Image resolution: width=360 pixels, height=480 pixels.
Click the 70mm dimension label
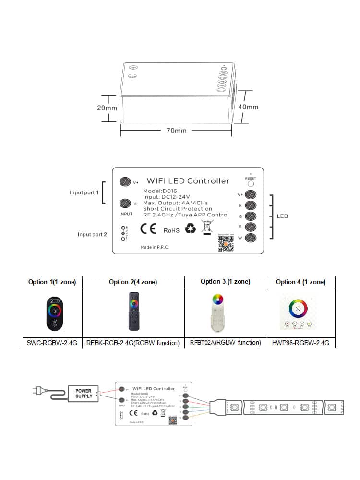coord(176,131)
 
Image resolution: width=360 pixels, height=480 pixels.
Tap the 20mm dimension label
coord(107,108)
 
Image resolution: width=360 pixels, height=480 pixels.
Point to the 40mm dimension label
coord(248,107)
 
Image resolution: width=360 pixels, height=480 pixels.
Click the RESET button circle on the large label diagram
coord(251,184)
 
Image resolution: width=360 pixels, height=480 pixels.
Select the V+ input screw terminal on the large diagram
coord(125,182)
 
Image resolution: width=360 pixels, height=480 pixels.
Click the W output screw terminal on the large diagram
coord(251,238)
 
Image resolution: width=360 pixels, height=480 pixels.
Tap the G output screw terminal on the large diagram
coord(251,216)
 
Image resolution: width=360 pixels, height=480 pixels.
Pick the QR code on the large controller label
coord(225,243)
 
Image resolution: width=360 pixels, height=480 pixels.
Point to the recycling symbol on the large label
coord(191,229)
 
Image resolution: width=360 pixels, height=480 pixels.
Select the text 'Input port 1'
coord(84,192)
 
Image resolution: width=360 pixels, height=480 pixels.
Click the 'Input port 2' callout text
coord(92,234)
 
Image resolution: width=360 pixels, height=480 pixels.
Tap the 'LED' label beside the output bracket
coord(282,216)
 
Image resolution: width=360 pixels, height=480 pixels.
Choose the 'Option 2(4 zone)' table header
coord(133,282)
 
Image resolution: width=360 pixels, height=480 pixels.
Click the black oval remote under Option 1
coord(53,312)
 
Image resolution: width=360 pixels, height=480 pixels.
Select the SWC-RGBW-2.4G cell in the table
coord(53,343)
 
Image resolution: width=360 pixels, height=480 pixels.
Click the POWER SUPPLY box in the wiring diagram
coord(84,393)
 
